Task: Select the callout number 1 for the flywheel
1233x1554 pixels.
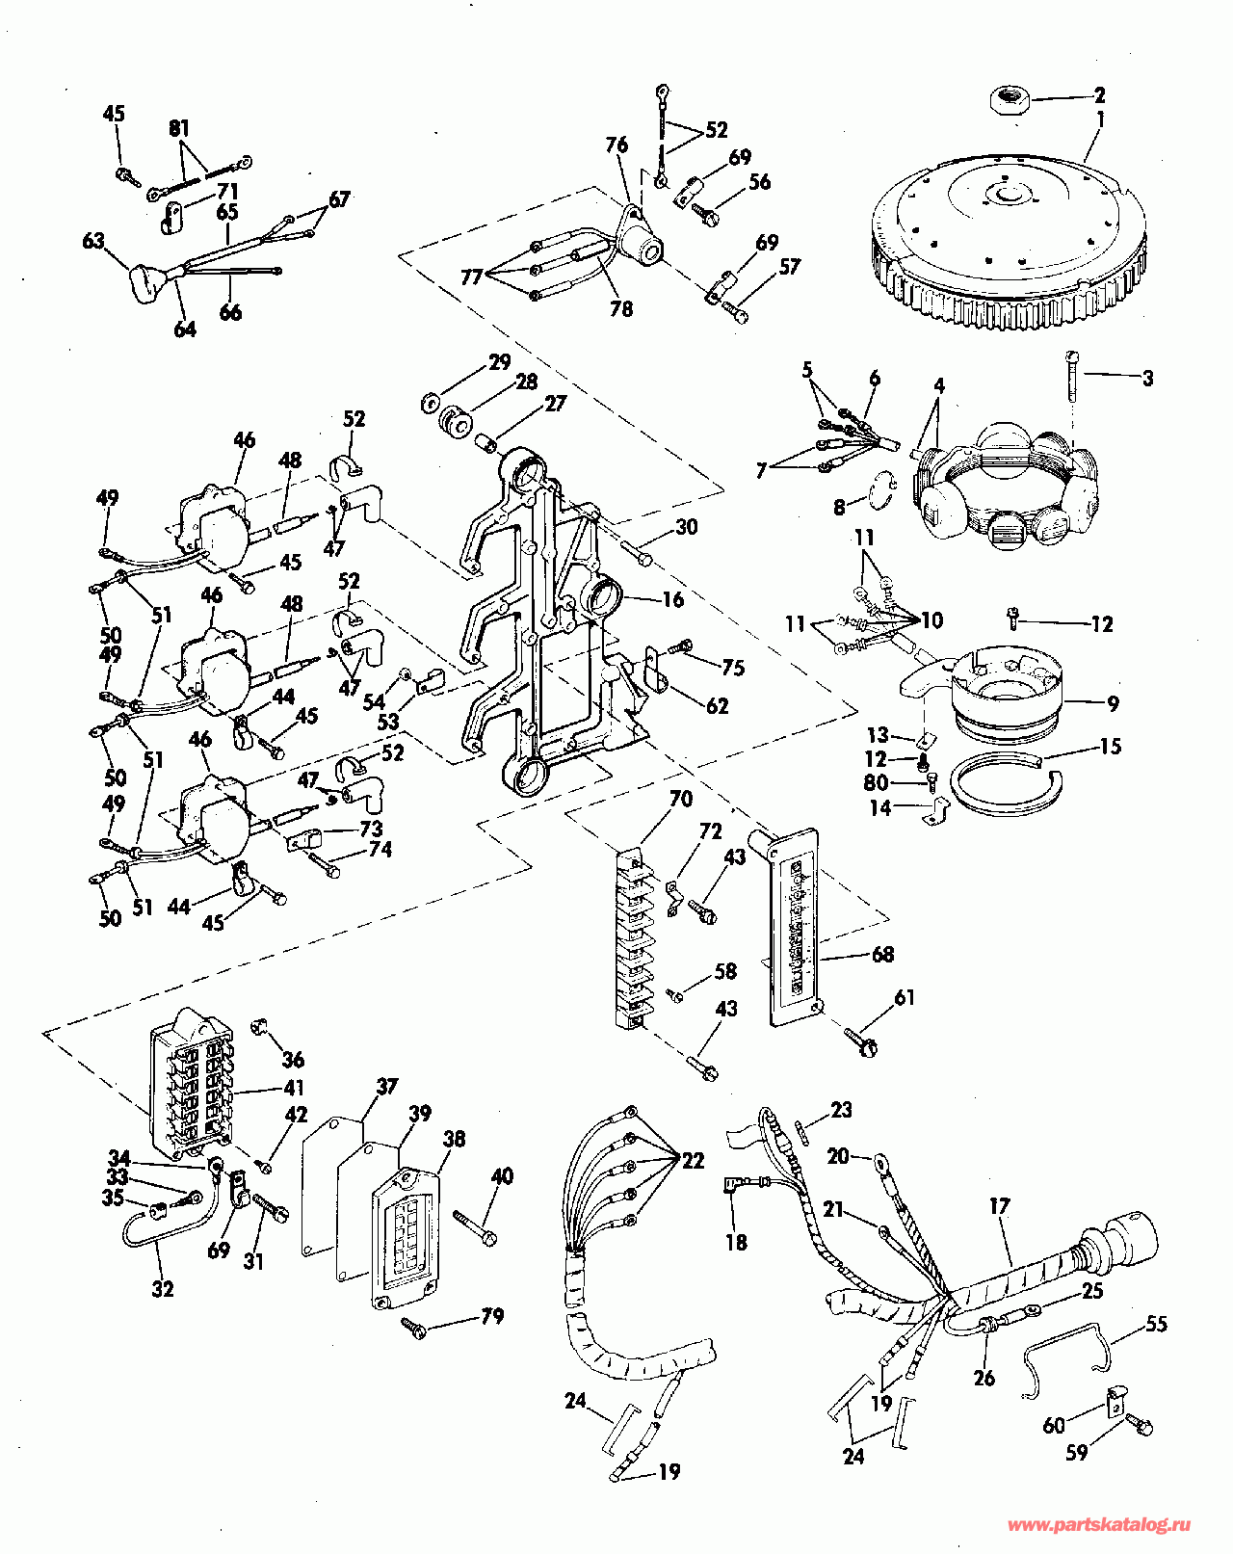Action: pos(1100,119)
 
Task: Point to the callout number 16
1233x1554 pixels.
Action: pos(672,599)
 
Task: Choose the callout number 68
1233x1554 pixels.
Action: pos(882,954)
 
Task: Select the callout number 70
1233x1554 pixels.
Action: pos(680,799)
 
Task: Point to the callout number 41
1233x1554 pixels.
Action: pos(293,1088)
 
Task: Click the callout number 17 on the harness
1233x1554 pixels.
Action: pos(999,1205)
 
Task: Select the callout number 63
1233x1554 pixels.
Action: pos(92,241)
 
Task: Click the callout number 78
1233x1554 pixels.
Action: pos(621,308)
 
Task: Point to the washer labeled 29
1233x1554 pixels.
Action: pos(430,401)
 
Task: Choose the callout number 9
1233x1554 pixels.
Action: pos(1113,704)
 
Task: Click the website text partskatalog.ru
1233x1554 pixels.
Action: pos(1098,1525)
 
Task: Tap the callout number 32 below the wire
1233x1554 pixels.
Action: pos(163,1288)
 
